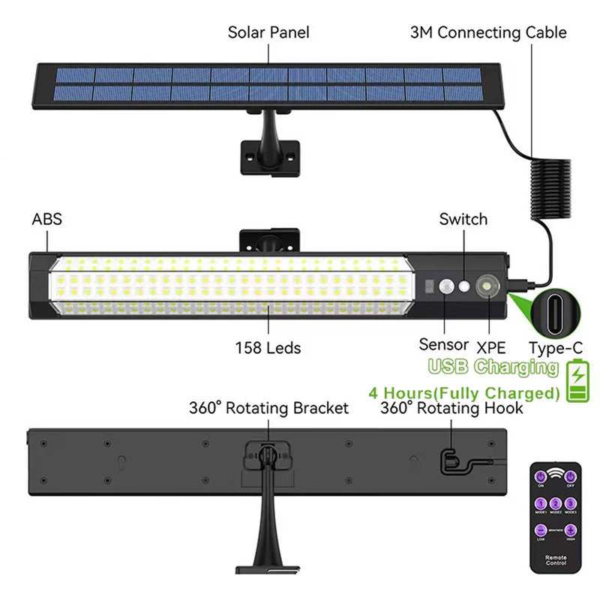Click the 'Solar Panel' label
coord(268,32)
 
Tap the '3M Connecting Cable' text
coord(488,32)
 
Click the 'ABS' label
coord(46,220)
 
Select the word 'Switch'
coord(463,219)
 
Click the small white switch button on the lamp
coord(465,286)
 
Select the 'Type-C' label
coord(554,346)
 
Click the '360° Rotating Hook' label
coord(451,408)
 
